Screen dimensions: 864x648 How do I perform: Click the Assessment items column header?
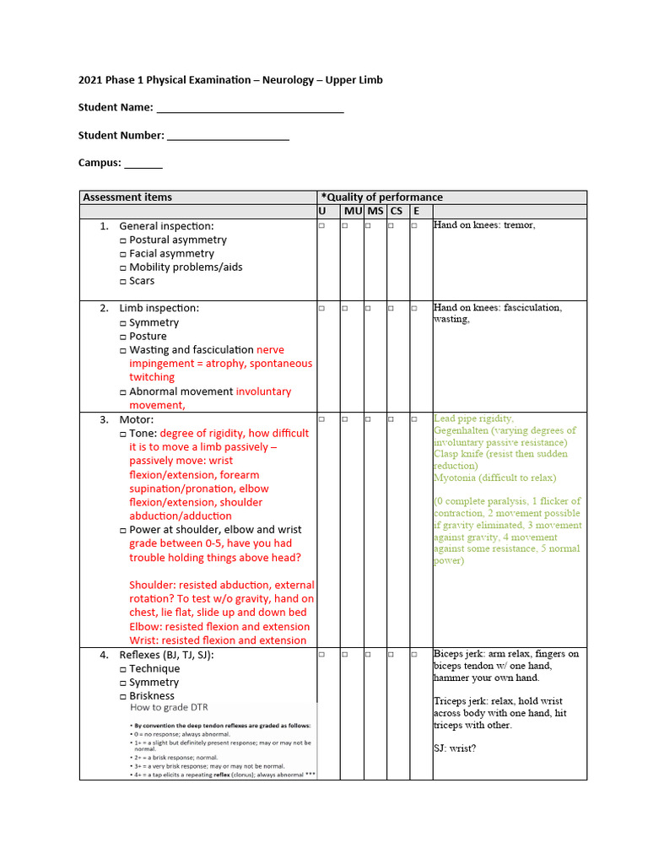pos(127,197)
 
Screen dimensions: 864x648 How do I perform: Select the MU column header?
pos(352,211)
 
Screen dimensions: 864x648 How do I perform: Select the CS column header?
pos(396,211)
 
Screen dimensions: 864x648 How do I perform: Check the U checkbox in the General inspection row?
pos(321,226)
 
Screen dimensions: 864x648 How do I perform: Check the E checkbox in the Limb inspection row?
pos(414,309)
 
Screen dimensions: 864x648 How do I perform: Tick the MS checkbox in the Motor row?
pos(368,419)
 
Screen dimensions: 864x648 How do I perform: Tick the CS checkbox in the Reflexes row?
pos(391,655)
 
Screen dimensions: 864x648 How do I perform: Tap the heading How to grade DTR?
pos(169,707)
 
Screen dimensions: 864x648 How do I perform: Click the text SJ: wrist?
pos(455,748)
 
